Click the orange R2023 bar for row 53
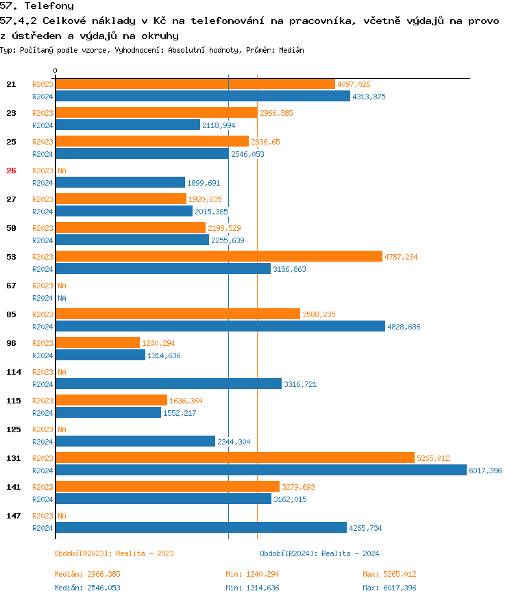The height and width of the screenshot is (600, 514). tap(219, 256)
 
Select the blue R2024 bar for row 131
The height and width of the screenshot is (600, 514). tap(260, 470)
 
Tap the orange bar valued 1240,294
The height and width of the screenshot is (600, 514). tap(97, 342)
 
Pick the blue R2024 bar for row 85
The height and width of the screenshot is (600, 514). tap(220, 326)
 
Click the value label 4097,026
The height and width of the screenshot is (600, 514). tap(354, 84)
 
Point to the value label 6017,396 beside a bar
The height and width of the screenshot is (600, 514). tap(485, 471)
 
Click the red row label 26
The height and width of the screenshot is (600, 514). tap(11, 171)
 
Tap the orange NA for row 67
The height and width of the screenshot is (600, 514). tap(62, 286)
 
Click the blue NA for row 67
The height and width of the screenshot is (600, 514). tap(62, 298)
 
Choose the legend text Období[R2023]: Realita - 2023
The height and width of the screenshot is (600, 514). tap(114, 553)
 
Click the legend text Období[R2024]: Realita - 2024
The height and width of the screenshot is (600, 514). tap(319, 553)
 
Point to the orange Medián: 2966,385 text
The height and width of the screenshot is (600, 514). tap(87, 574)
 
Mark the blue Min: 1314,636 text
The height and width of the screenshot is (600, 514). tap(252, 588)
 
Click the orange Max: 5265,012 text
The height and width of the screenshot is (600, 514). tap(389, 574)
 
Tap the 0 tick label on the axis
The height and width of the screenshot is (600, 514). tap(56, 71)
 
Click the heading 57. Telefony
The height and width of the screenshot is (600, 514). tap(38, 6)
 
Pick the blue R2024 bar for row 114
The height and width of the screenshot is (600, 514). tap(169, 384)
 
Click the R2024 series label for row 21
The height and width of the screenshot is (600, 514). tap(42, 97)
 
